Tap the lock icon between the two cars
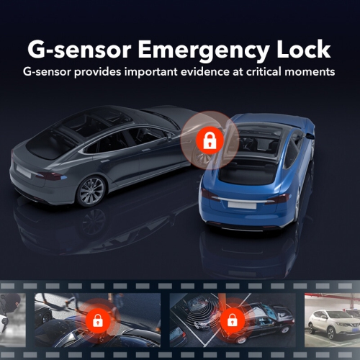(209, 140)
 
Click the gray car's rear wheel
(91, 191)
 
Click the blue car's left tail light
(210, 193)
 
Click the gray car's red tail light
(49, 175)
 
